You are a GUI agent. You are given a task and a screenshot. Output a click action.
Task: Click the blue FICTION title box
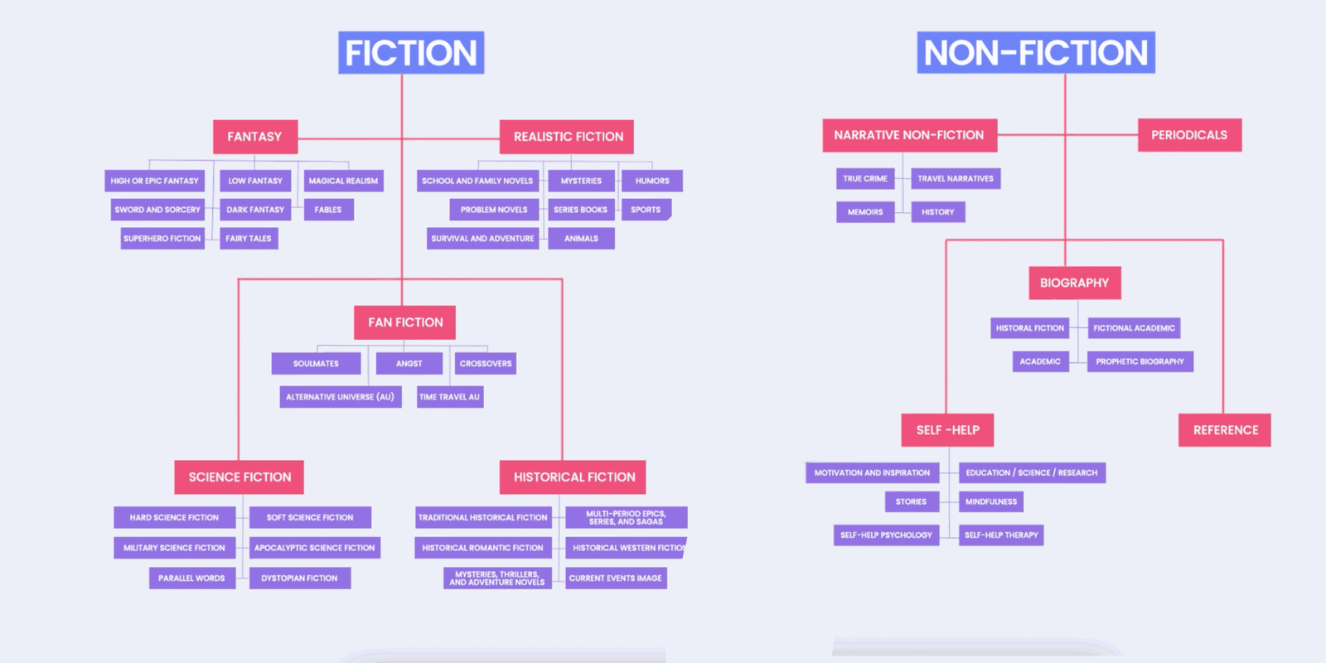(411, 53)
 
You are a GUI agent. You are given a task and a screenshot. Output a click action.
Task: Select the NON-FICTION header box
(1036, 53)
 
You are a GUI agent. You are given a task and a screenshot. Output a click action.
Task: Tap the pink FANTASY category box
(255, 137)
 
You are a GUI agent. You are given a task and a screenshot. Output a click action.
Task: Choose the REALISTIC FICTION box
(567, 137)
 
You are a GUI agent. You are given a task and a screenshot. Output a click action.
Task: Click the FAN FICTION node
(405, 322)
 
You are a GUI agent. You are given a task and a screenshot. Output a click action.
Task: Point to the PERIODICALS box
(1190, 135)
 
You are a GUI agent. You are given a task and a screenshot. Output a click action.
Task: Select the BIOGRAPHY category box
(1075, 283)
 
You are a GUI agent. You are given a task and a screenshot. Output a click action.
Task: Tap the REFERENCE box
(1225, 430)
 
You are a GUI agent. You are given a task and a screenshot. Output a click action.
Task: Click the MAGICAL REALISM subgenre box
(344, 181)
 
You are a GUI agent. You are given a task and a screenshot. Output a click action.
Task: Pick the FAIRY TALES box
(249, 239)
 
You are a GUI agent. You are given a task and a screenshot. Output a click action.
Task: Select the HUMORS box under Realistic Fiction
(651, 181)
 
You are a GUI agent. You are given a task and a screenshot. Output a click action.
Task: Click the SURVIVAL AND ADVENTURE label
(482, 239)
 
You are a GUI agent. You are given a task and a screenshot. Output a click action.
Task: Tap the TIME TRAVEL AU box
(450, 397)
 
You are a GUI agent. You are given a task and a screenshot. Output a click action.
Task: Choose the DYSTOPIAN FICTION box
(299, 578)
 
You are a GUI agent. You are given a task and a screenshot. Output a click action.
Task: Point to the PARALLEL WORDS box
(191, 578)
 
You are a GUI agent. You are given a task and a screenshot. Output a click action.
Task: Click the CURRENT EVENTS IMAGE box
(616, 578)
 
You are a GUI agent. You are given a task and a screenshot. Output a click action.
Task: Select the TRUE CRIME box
(865, 179)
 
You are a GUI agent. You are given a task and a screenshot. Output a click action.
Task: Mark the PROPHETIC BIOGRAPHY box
(1140, 361)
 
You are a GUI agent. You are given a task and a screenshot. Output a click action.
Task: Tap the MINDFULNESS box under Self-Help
(991, 502)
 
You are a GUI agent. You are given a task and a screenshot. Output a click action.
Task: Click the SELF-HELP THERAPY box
(1001, 535)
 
